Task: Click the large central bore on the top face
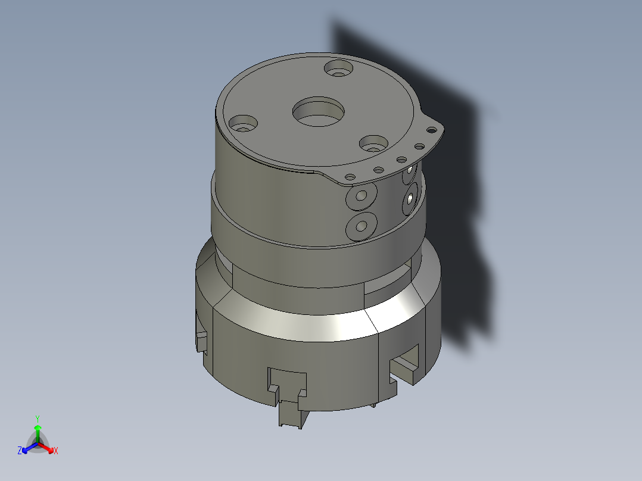pos(319,112)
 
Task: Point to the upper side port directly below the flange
pos(360,196)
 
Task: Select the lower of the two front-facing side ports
pos(360,226)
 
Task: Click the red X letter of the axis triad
pos(56,451)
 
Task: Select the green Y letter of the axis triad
pos(37,418)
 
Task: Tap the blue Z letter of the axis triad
pos(20,451)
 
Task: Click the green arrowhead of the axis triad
pos(37,428)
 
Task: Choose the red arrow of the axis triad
pos(46,447)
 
